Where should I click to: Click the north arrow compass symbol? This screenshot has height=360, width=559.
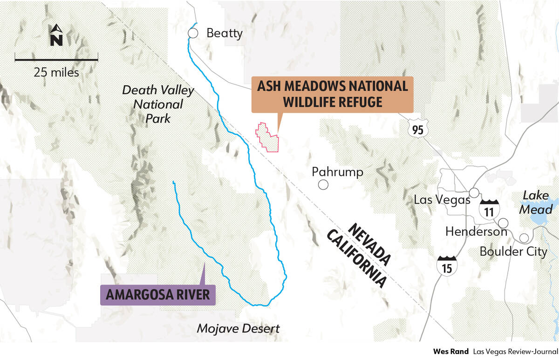(56, 36)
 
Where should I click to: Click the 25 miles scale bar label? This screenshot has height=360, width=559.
(56, 73)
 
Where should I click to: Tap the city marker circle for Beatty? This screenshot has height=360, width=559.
(193, 33)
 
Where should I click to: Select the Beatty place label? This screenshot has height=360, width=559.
(225, 33)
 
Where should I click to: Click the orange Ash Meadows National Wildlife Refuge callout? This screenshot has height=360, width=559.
(332, 94)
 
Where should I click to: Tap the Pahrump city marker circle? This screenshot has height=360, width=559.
(323, 185)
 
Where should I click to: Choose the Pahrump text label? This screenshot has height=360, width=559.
(337, 172)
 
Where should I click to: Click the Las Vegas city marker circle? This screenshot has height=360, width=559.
(474, 192)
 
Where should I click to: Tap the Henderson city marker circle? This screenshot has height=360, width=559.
(503, 222)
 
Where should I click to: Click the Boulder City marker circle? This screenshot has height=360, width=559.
(524, 238)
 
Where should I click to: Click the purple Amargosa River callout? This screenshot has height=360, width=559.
(158, 295)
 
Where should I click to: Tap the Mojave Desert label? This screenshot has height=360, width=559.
(238, 328)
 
